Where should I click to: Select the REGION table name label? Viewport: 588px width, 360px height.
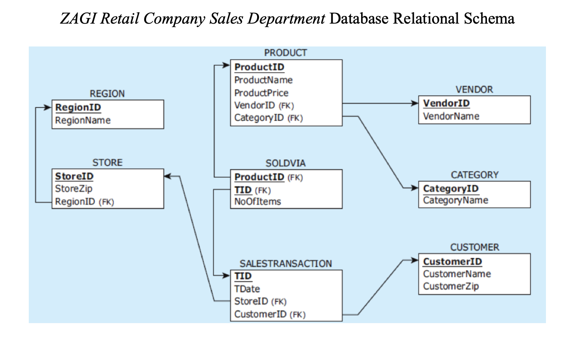coord(107,94)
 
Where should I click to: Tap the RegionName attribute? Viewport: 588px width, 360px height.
coord(83,120)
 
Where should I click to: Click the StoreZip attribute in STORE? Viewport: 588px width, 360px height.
coord(74,188)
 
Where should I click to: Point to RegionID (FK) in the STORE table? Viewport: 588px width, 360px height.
coord(84,202)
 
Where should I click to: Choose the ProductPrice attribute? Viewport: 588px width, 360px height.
coord(261,93)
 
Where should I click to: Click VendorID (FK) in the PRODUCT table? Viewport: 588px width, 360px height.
coord(264,105)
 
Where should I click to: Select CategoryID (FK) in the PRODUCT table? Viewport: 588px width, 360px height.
coord(268,118)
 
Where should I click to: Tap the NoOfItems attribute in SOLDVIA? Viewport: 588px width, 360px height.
coord(257,202)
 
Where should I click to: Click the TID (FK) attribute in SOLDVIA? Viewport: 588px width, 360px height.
coord(253,190)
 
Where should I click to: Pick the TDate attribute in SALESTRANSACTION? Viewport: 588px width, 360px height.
coord(247,289)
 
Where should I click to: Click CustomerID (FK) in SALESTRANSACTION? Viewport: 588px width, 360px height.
coord(270,314)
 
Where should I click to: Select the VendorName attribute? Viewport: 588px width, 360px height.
coord(451,116)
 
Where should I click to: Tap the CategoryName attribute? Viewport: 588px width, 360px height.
coord(455,200)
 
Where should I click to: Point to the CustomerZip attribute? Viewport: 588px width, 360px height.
coord(451,286)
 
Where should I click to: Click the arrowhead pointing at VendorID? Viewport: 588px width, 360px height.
coord(415,104)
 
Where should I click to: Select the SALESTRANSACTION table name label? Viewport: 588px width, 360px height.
coord(286,264)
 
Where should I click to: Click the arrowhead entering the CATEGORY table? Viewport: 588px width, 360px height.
coord(415,188)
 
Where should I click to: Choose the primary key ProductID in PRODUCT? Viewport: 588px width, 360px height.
coord(259,67)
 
